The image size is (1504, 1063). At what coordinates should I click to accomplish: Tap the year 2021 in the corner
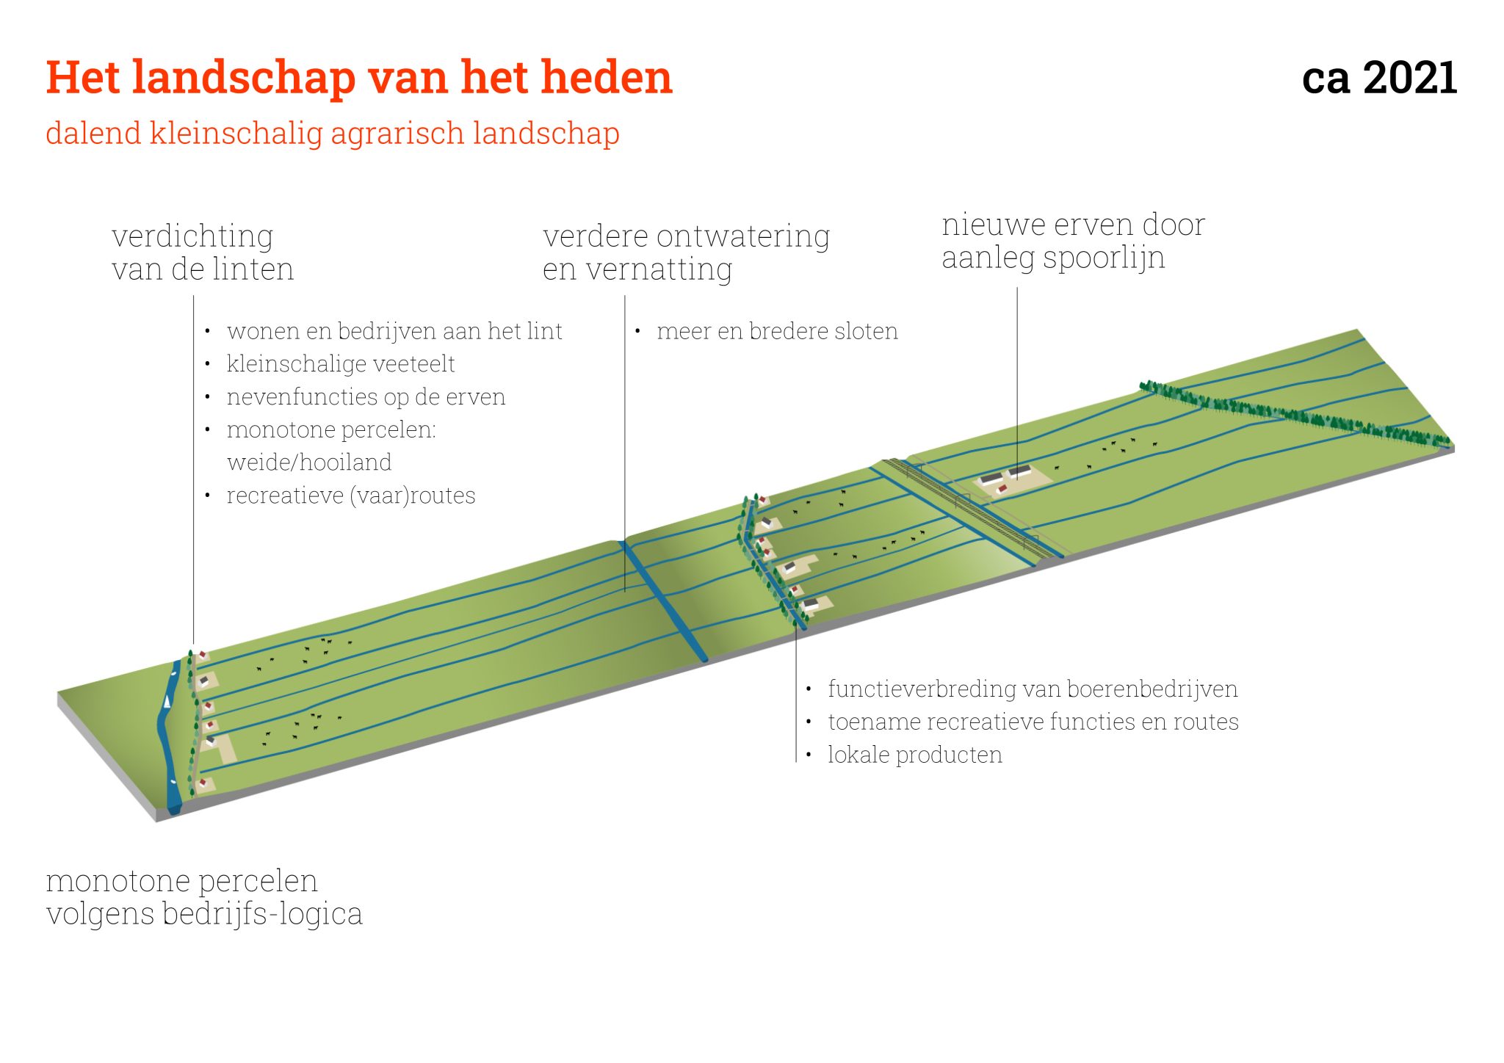point(1409,78)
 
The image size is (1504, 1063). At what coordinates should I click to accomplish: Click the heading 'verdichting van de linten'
point(203,253)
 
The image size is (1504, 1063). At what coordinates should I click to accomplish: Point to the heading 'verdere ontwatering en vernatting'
point(686,253)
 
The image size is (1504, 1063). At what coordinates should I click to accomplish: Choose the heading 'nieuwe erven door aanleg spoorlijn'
point(1073,241)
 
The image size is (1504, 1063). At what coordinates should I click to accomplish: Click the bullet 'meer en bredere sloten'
point(777,331)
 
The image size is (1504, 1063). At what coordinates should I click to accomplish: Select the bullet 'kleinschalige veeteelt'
point(341,364)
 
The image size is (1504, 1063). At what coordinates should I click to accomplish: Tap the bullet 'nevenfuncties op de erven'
point(366,397)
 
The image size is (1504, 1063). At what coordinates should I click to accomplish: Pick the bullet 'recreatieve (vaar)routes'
point(351,496)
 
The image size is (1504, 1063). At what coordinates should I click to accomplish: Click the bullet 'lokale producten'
point(915,755)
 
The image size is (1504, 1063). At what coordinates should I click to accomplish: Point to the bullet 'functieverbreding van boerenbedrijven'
point(1033,689)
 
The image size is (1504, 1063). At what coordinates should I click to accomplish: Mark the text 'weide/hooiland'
point(309,462)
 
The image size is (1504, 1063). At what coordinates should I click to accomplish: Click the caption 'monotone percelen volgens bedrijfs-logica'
point(204,897)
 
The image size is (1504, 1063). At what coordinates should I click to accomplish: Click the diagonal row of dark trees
point(1292,414)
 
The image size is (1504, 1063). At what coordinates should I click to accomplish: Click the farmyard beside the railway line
point(1012,479)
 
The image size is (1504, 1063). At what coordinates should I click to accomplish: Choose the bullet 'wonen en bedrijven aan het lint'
point(394,331)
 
